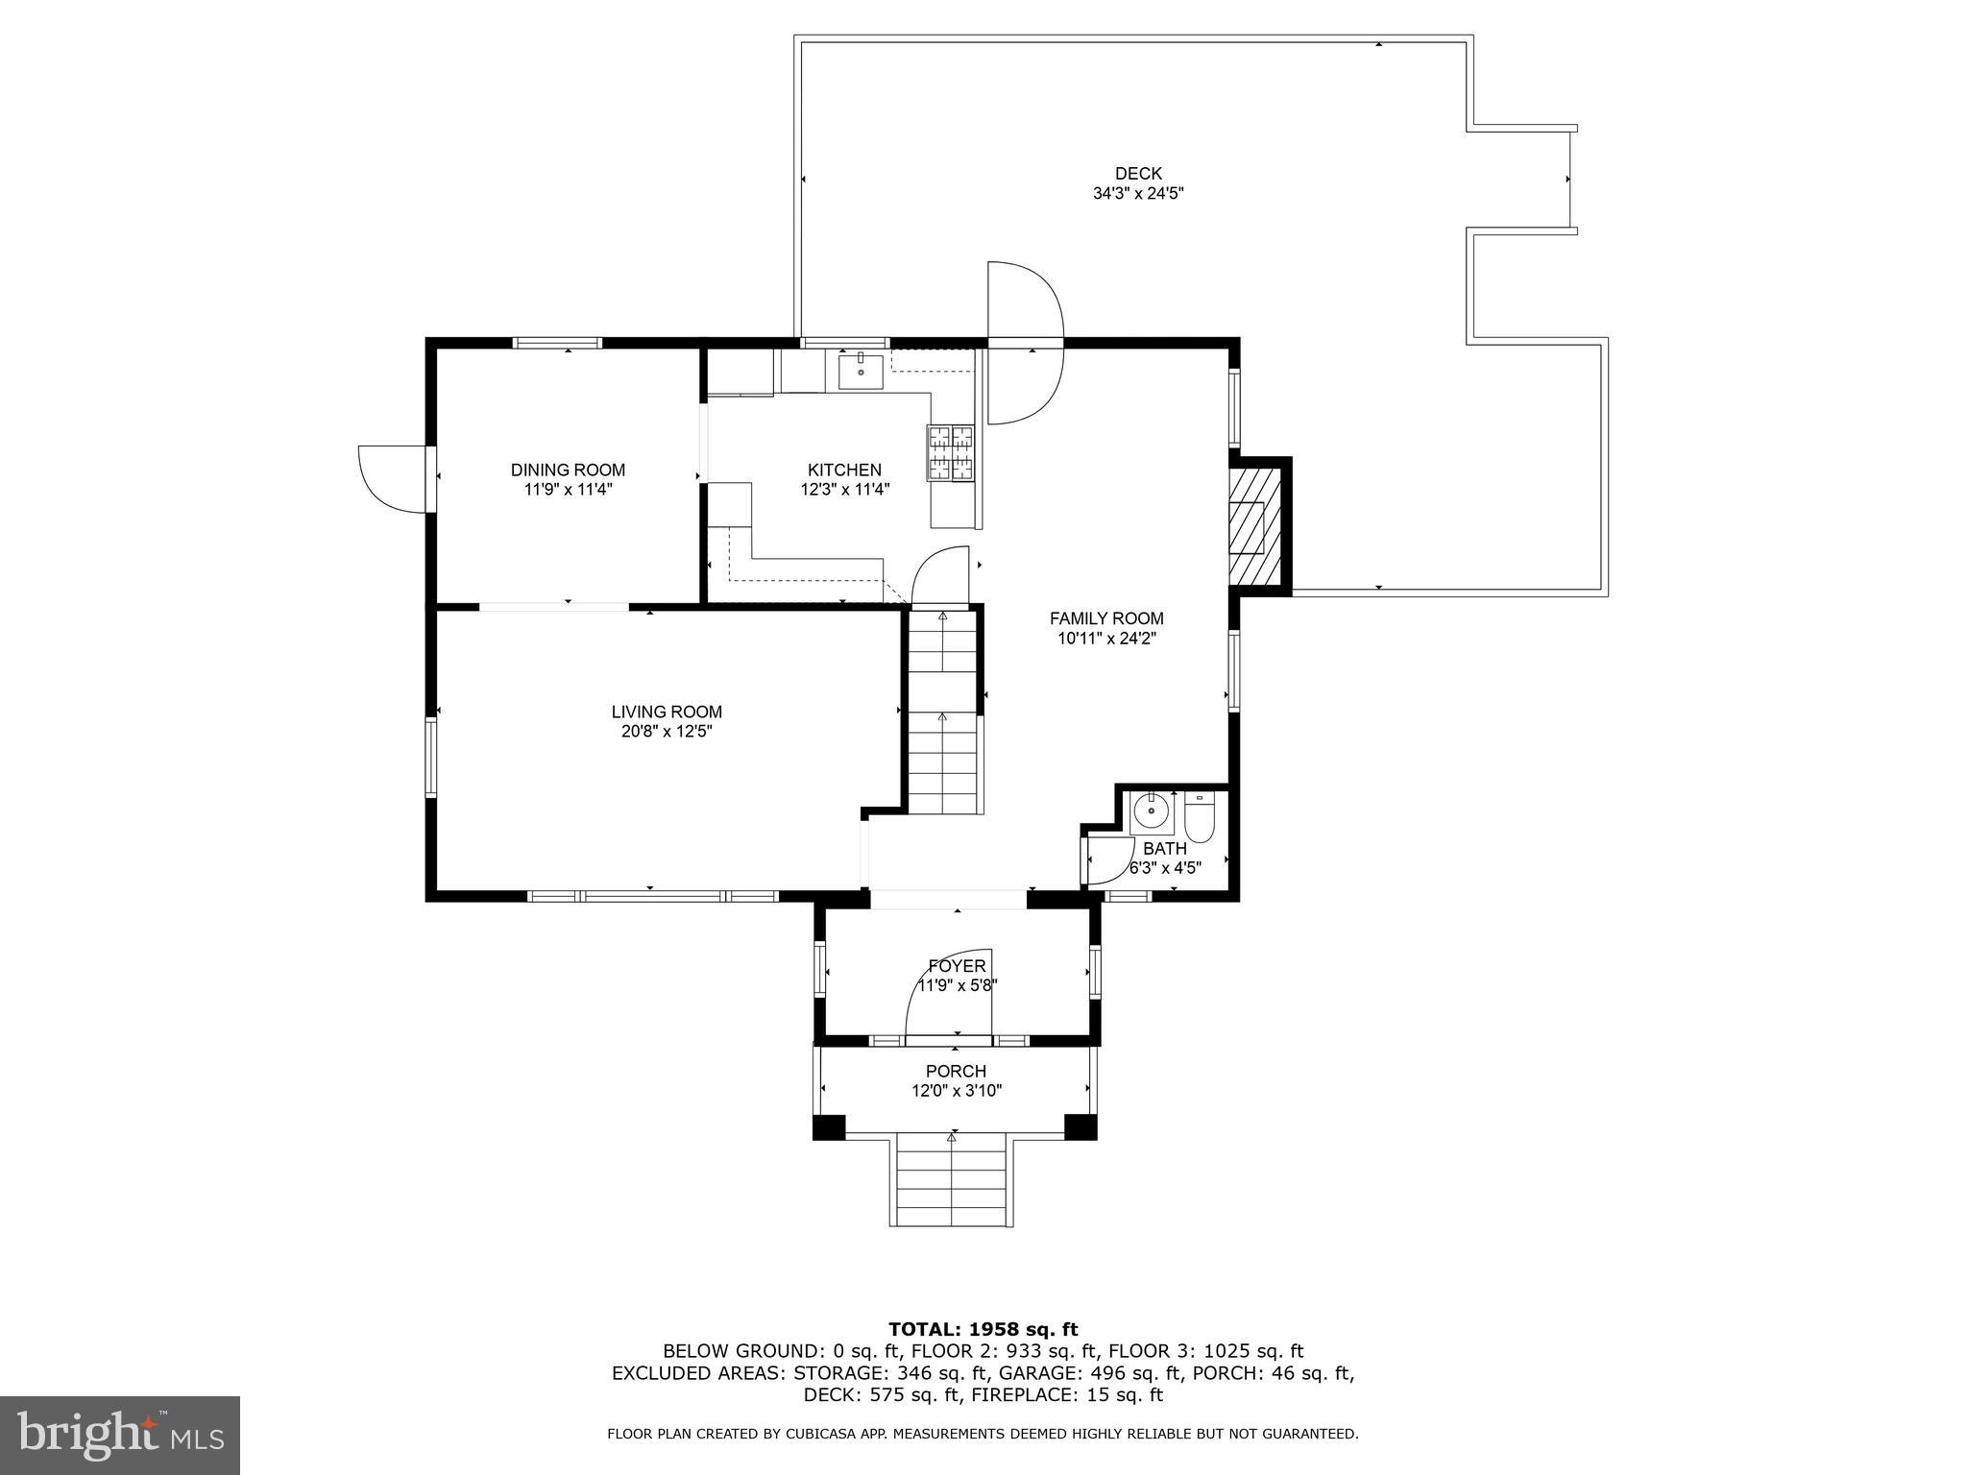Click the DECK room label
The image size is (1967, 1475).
[1138, 174]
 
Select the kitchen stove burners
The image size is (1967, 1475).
[950, 452]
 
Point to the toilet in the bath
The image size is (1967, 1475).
[1200, 817]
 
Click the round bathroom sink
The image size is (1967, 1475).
[1150, 812]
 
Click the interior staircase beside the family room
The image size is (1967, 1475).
[943, 715]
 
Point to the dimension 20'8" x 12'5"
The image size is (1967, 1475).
[667, 732]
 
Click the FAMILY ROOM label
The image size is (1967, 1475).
[1106, 618]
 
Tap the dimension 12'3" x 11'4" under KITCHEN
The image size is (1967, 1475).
[844, 489]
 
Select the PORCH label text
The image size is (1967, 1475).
[956, 1071]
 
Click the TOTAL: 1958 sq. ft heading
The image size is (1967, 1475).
[983, 1329]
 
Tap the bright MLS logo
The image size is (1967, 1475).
[120, 1436]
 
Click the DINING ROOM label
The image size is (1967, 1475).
[568, 470]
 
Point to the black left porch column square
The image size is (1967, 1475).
[829, 1127]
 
